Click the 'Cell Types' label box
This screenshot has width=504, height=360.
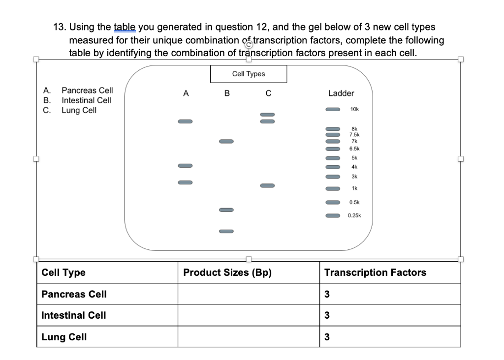(248, 74)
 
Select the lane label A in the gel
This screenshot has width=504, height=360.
(185, 93)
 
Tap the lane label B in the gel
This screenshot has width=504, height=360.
(226, 93)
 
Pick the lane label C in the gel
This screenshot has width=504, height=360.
(268, 93)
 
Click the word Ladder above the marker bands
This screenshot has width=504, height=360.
(341, 93)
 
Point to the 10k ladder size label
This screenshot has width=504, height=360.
(354, 109)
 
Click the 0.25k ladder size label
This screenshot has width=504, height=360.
(354, 215)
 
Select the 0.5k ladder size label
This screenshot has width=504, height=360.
(354, 202)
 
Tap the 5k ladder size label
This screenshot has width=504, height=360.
(354, 158)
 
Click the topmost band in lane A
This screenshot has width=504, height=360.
(185, 121)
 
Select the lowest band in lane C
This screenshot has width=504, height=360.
(267, 186)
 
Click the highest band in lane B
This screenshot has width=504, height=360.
(226, 141)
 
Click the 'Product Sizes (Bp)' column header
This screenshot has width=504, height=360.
(227, 272)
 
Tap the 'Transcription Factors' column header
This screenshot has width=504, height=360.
(375, 272)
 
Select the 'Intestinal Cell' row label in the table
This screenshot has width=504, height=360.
(74, 315)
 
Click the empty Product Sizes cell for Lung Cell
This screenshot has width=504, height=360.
(248, 337)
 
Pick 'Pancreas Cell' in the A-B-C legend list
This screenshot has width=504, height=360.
(87, 90)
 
